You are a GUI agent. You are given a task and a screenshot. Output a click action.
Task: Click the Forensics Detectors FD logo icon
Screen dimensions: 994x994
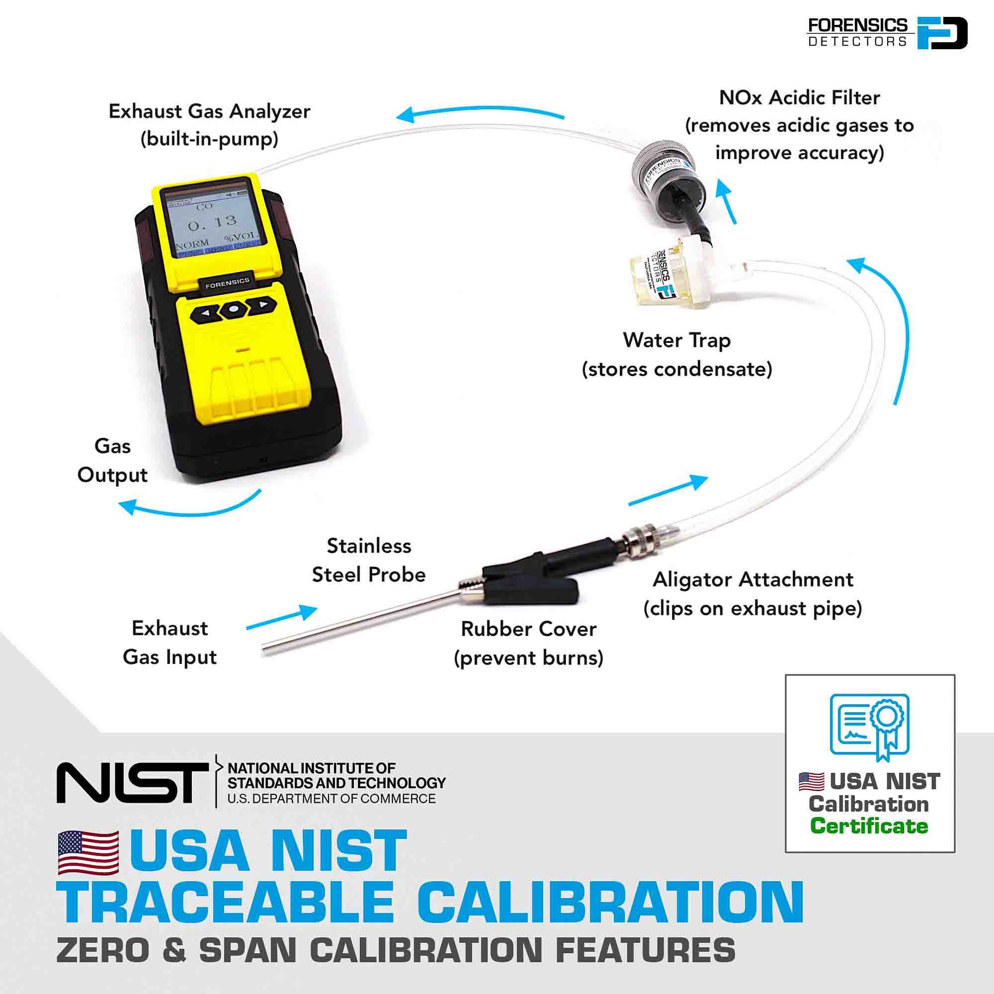(x=942, y=33)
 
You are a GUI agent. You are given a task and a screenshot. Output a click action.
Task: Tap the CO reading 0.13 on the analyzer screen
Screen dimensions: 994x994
(x=212, y=223)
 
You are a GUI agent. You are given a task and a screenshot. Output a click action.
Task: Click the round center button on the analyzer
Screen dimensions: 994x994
(x=234, y=309)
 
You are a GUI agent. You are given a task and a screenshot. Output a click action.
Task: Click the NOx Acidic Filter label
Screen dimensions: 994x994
(x=799, y=98)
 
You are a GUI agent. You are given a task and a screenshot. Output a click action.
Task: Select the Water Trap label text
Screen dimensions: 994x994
(x=676, y=340)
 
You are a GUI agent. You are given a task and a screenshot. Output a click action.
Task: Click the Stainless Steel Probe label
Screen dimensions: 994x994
(x=369, y=560)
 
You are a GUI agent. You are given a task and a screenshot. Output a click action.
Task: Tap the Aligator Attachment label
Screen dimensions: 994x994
(x=752, y=580)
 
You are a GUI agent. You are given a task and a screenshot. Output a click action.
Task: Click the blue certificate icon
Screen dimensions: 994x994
(x=869, y=726)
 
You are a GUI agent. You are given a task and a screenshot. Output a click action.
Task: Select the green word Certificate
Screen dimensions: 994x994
(x=869, y=825)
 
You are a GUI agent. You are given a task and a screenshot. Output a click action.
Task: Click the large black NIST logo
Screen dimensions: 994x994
(x=133, y=783)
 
